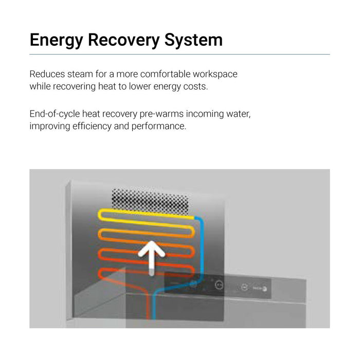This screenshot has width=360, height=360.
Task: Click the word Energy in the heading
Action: click(56, 41)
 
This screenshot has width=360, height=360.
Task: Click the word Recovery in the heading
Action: click(123, 40)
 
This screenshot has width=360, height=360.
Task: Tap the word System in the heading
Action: click(193, 41)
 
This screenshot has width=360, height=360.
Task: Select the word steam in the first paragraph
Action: click(80, 74)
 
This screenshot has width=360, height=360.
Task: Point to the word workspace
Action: click(215, 75)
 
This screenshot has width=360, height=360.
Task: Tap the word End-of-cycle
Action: click(55, 114)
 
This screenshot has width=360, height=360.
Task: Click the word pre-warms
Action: click(161, 114)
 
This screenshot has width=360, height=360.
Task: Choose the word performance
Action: click(158, 127)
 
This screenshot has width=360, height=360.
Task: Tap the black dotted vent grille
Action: click(150, 202)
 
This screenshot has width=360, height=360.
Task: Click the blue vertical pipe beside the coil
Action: click(202, 248)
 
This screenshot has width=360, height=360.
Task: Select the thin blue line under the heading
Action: click(179, 55)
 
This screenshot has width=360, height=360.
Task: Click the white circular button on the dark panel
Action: click(219, 285)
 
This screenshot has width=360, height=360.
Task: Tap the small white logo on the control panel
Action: click(260, 289)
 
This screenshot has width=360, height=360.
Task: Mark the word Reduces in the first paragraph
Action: click(47, 74)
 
